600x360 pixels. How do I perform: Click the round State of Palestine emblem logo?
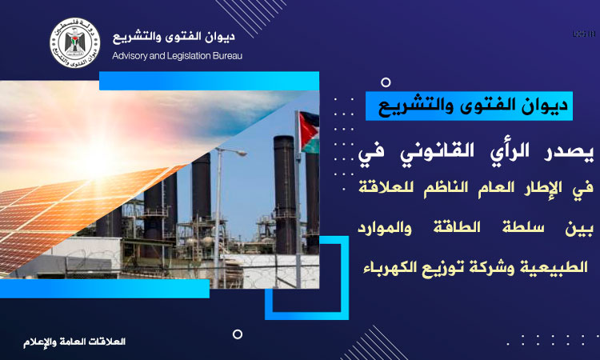(75, 42)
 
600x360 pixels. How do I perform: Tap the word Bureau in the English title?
(227, 56)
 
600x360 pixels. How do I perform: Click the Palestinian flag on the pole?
(309, 132)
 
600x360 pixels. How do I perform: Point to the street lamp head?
(239, 153)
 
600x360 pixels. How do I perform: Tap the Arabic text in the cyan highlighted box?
(473, 106)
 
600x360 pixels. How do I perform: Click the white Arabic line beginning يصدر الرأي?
(476, 151)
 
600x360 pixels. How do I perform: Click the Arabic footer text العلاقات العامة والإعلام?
(74, 342)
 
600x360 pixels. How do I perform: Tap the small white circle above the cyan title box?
(386, 82)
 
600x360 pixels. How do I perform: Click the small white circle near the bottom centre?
(238, 334)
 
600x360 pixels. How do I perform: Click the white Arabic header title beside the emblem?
(174, 37)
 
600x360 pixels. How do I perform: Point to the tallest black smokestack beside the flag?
(285, 194)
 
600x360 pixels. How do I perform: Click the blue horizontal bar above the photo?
(209, 81)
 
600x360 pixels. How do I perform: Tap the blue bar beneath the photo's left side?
(105, 289)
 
